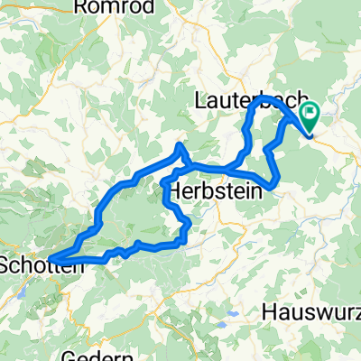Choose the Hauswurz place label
(312, 311)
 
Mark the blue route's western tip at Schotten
(51, 260)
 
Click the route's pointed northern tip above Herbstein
(181, 146)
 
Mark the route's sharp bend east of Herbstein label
(272, 187)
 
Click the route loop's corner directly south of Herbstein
(186, 239)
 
